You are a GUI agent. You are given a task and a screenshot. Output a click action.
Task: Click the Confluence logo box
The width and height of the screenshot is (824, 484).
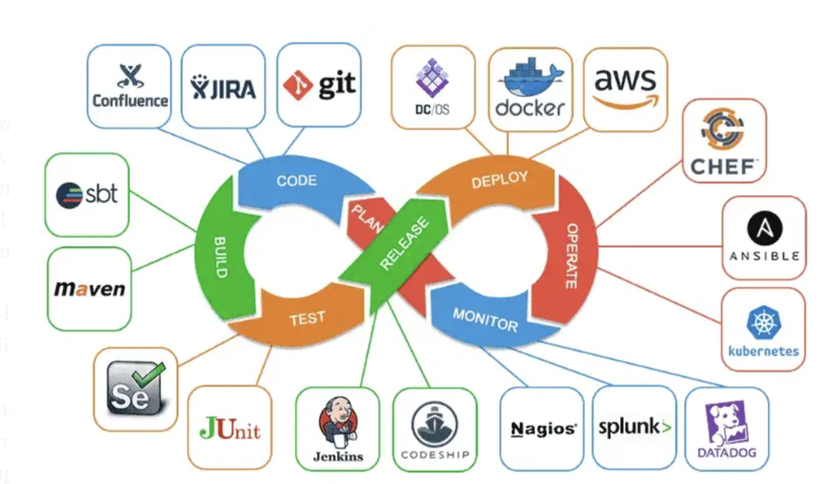[129, 86]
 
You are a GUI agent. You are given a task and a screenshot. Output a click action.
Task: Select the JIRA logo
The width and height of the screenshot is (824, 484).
[223, 87]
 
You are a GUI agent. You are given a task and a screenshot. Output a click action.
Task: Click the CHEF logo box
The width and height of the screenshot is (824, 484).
[724, 141]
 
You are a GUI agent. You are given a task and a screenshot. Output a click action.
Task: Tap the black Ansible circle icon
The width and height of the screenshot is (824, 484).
[764, 227]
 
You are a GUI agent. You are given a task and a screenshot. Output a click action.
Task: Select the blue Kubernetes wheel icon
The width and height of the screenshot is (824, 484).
[763, 322]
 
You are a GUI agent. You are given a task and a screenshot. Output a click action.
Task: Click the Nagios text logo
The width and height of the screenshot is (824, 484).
[543, 429]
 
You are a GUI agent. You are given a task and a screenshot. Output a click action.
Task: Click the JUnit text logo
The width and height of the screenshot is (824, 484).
[229, 428]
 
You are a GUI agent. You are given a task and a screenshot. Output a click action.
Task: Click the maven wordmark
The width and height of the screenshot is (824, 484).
[89, 289]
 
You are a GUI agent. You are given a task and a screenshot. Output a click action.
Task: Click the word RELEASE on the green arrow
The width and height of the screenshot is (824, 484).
[404, 243]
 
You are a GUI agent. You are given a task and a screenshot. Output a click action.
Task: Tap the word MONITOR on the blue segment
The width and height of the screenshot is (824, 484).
[484, 320]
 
